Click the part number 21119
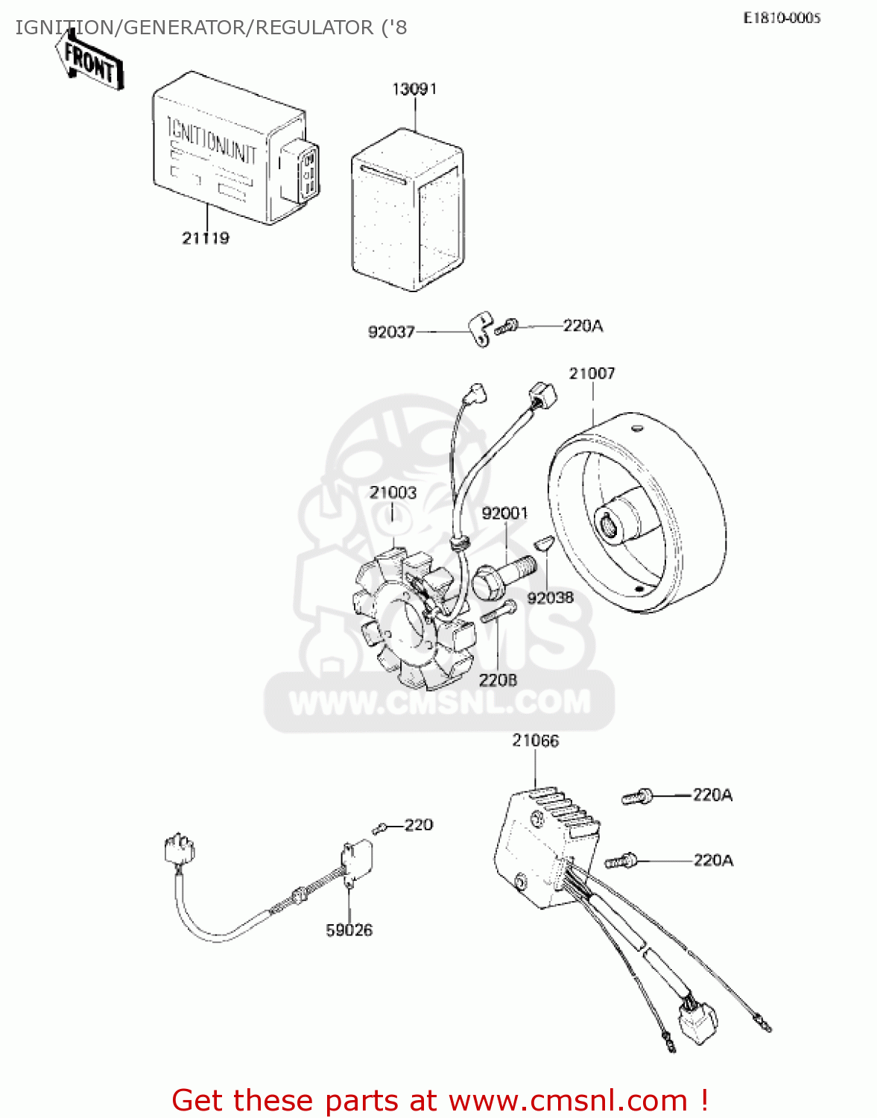click(206, 239)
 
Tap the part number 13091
click(414, 89)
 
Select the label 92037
click(391, 332)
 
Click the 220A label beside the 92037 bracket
click(583, 326)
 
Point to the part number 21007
click(592, 373)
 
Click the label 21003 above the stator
click(393, 493)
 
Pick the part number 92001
click(504, 514)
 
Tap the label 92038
click(551, 598)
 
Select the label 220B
click(498, 680)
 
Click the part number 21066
click(535, 741)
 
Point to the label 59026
click(349, 930)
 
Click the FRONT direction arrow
click(89, 63)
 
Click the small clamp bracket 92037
click(481, 330)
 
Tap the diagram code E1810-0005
click(781, 19)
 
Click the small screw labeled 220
click(380, 828)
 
